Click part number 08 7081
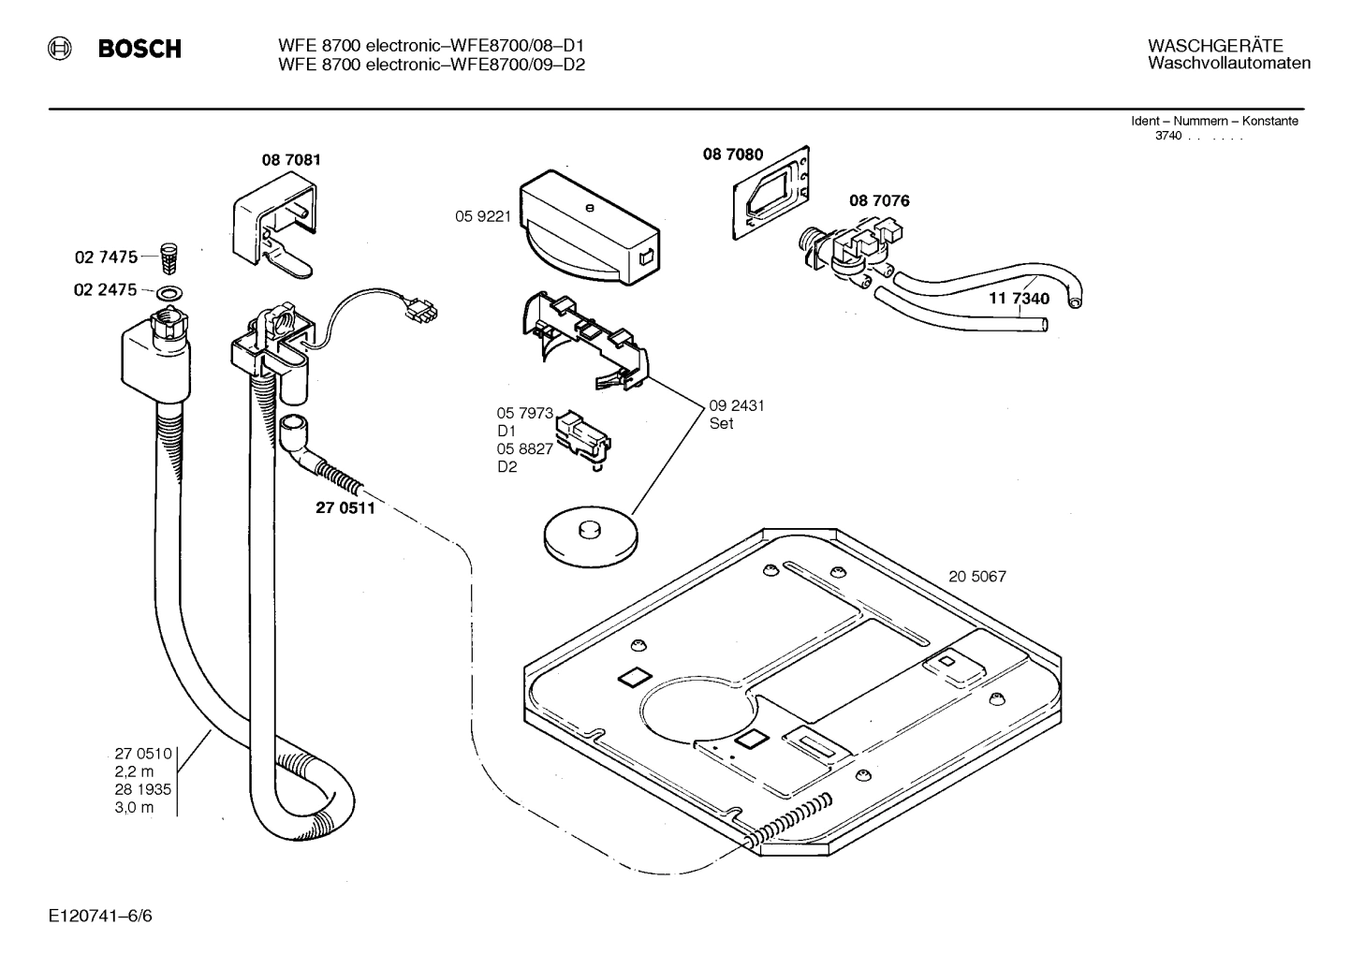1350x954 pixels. [x=290, y=160]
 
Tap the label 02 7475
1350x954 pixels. [x=105, y=257]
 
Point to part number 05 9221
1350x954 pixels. [x=482, y=216]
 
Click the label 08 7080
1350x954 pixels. [x=733, y=154]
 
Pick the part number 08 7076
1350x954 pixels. [x=878, y=200]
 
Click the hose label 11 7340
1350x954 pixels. [x=1019, y=299]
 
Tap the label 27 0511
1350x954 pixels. [x=345, y=509]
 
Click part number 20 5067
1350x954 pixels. [x=976, y=577]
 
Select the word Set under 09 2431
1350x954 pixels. [x=721, y=423]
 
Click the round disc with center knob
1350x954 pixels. [x=590, y=536]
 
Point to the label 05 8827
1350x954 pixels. [x=524, y=449]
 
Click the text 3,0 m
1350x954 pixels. [x=134, y=807]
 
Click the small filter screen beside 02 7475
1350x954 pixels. [x=169, y=255]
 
